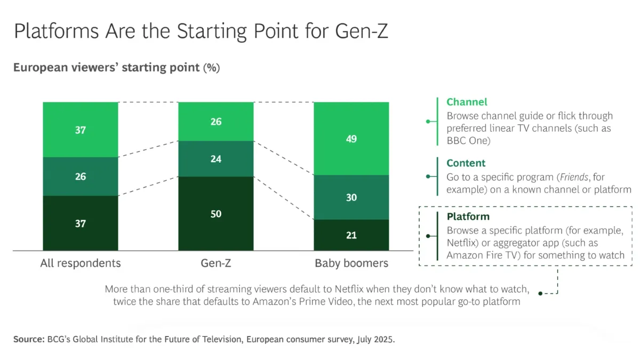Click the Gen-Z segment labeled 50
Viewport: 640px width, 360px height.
point(215,213)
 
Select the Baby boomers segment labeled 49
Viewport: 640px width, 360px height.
point(351,139)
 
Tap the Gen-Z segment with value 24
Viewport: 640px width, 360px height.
point(215,159)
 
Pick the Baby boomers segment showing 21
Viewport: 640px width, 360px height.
point(351,235)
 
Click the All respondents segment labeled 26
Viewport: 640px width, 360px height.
point(80,177)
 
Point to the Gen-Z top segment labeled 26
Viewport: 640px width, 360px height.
point(215,122)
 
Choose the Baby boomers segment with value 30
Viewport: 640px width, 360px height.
point(351,197)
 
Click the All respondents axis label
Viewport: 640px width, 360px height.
point(81,263)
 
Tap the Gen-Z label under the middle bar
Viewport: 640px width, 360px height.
point(215,263)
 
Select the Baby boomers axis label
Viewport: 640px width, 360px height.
point(351,263)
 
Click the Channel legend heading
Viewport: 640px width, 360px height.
point(467,102)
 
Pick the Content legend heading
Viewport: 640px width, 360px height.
point(466,163)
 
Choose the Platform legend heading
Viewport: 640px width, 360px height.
point(468,217)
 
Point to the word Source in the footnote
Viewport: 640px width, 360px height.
point(26,340)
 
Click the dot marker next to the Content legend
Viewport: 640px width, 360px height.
point(428,177)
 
